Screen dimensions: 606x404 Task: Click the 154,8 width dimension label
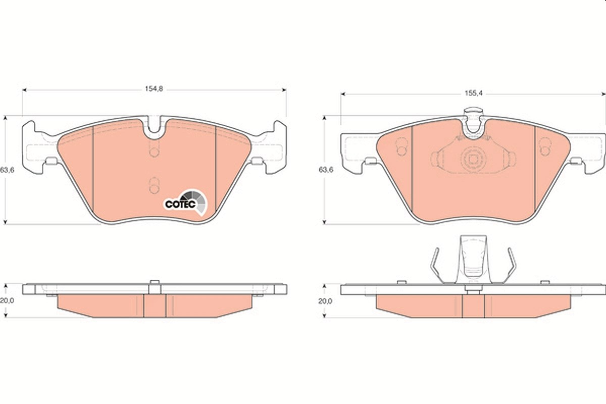point(154,89)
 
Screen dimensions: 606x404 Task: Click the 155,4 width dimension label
point(474,93)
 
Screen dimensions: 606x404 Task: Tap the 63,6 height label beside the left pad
point(7,170)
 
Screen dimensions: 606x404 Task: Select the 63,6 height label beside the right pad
point(326,170)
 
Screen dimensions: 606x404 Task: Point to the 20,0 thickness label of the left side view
point(7,300)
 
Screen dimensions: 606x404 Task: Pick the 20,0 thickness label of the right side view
point(325,301)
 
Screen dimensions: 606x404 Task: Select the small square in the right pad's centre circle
point(473,160)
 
